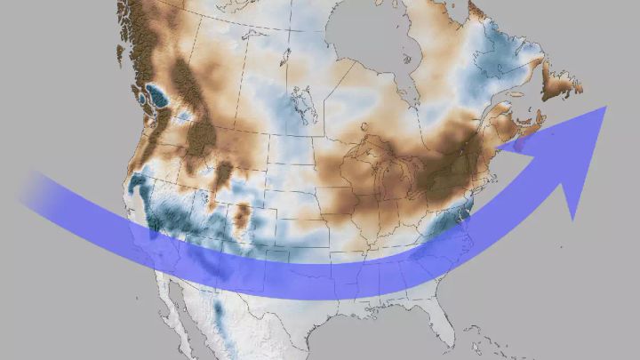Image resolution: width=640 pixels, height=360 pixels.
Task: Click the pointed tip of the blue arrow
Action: pyautogui.click(x=605, y=107)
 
